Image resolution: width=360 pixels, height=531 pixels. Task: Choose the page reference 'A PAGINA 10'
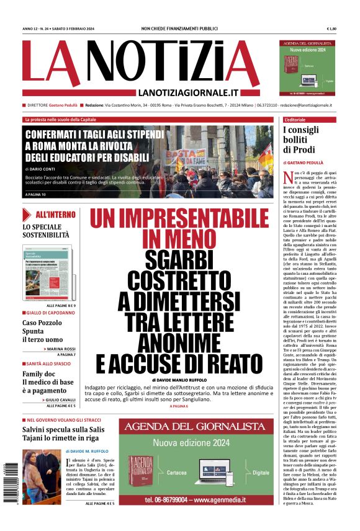coord(35,195)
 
